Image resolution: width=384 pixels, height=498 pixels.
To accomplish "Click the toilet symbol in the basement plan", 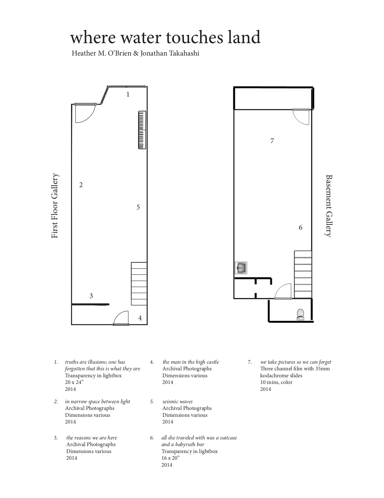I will click(x=300, y=314).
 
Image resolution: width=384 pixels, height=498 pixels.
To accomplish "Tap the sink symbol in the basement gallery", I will click(x=241, y=268).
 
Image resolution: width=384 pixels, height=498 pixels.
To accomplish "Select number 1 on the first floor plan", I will click(x=128, y=94).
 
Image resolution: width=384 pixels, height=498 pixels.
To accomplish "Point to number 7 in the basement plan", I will click(x=272, y=141).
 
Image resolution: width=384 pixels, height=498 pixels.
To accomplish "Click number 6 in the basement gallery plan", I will click(x=300, y=228).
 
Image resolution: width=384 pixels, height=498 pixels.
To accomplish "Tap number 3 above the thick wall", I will click(x=91, y=296).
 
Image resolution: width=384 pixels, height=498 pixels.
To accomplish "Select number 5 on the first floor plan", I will click(x=138, y=207).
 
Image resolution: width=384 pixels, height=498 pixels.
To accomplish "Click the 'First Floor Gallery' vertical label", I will click(x=55, y=206).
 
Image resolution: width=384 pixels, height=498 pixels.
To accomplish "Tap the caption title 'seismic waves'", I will click(x=177, y=401).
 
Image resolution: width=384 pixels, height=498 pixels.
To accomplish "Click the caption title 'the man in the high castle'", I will click(x=191, y=362).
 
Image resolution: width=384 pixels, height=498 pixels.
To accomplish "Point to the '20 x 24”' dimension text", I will click(x=74, y=382).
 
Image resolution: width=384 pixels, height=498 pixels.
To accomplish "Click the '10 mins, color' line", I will click(x=276, y=382).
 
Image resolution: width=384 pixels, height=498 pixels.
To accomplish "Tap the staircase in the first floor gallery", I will click(x=139, y=284).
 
